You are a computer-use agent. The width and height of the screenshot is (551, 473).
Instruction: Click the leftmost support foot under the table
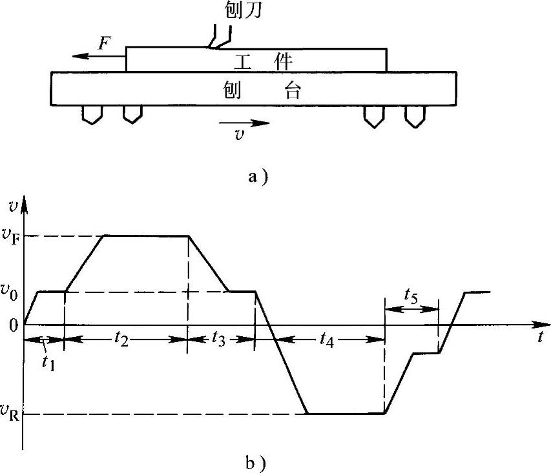[92, 116]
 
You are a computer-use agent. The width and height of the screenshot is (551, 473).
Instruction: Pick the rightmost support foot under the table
[414, 116]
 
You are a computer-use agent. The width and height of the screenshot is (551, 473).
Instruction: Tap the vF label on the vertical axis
[12, 236]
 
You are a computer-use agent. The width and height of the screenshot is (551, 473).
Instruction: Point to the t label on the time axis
[539, 336]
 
